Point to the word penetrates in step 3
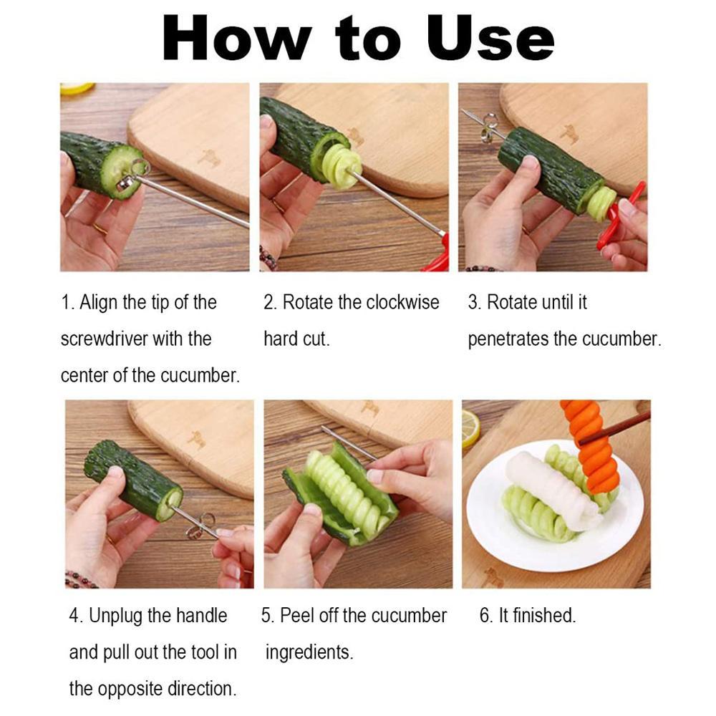point(508,339)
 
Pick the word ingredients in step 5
point(309,652)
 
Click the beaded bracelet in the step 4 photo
point(80,579)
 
